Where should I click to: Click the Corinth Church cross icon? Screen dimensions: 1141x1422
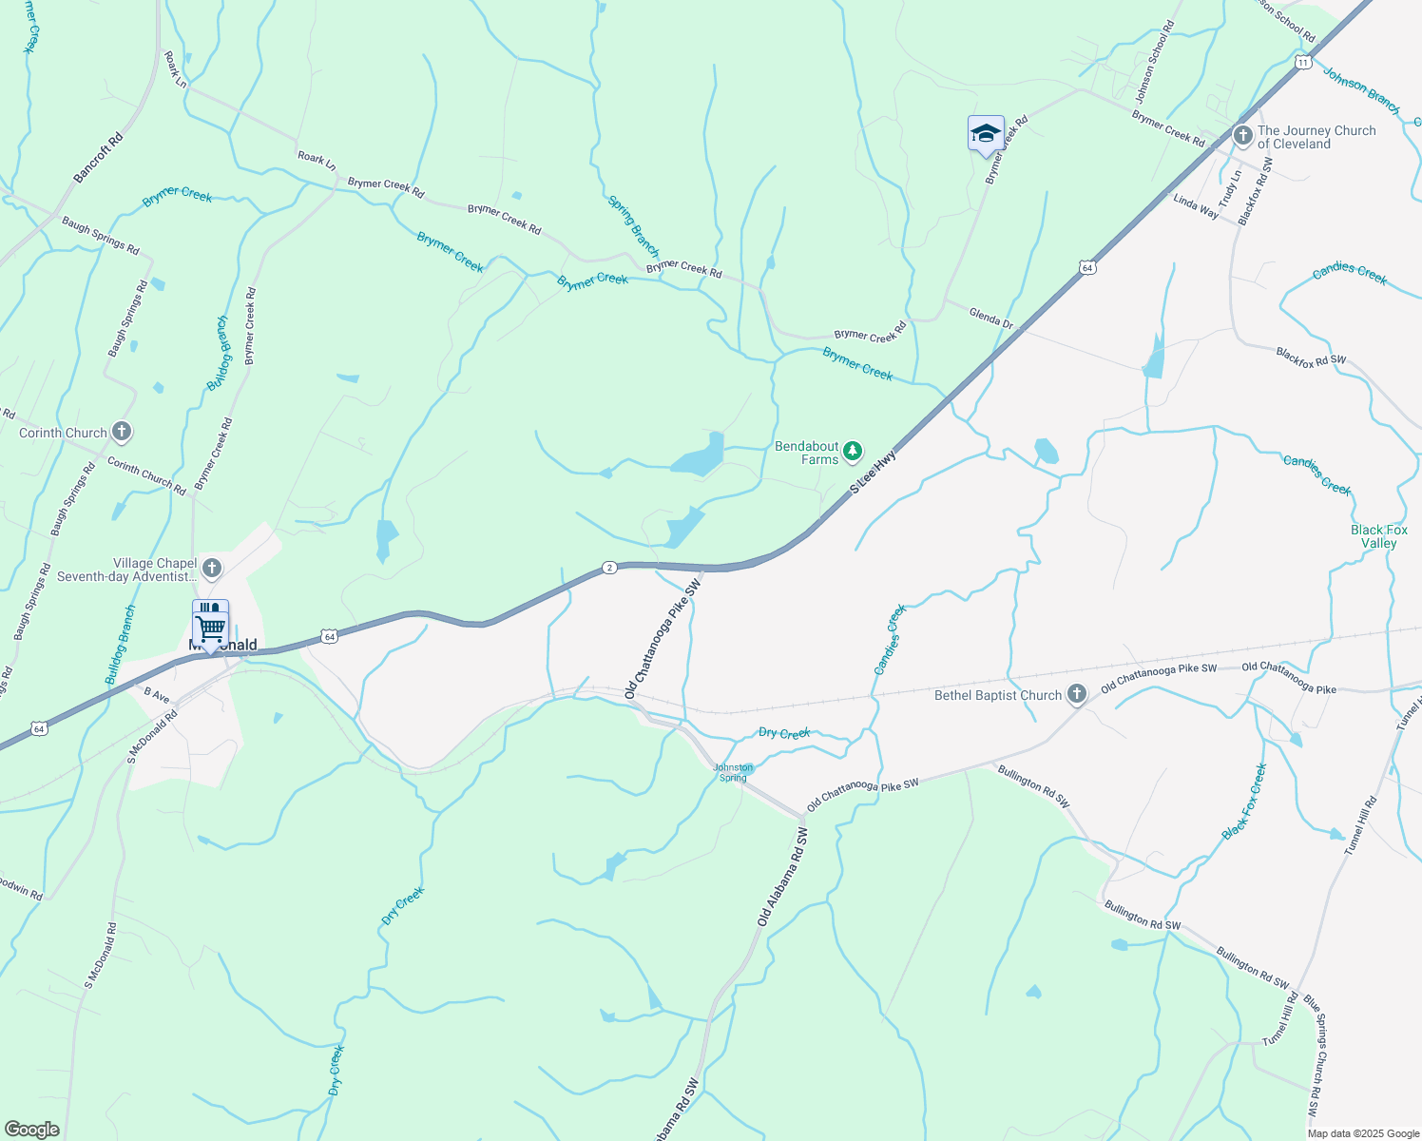pyautogui.click(x=122, y=433)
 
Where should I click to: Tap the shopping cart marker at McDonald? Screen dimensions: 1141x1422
pyautogui.click(x=210, y=625)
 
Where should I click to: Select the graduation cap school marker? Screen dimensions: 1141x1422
pyautogui.click(x=986, y=134)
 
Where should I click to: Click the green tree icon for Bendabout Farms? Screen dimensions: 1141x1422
pyautogui.click(x=854, y=450)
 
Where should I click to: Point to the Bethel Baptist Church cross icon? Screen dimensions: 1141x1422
pyautogui.click(x=1076, y=695)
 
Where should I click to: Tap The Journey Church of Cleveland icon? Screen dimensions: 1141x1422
pyautogui.click(x=1242, y=136)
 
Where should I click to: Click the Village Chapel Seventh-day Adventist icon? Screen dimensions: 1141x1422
pyautogui.click(x=212, y=569)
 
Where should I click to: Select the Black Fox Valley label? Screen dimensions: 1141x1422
pyautogui.click(x=1378, y=536)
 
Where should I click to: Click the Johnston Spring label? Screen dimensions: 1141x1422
pyautogui.click(x=733, y=772)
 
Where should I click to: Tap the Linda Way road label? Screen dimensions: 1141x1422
pyautogui.click(x=1196, y=206)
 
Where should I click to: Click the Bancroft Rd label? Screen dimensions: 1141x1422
pyautogui.click(x=99, y=158)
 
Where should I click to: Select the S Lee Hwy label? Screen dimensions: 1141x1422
pyautogui.click(x=873, y=473)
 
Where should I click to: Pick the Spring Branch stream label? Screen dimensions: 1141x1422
pyautogui.click(x=633, y=226)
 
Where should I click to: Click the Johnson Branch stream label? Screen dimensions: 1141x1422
pyautogui.click(x=1361, y=90)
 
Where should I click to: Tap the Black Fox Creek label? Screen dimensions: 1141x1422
pyautogui.click(x=1244, y=802)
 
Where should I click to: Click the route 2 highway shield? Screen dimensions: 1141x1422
pyautogui.click(x=609, y=568)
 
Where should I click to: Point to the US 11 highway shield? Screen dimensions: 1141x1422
pyautogui.click(x=1302, y=62)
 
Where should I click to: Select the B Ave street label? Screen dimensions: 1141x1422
pyautogui.click(x=156, y=696)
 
